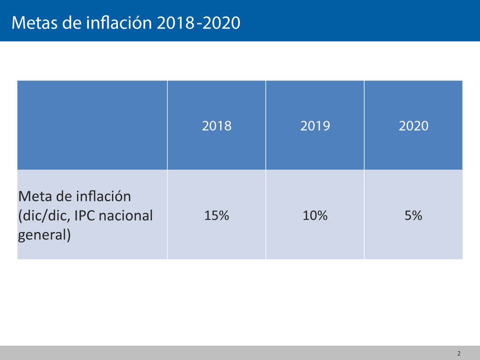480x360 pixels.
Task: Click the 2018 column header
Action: click(217, 126)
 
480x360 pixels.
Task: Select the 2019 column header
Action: click(315, 126)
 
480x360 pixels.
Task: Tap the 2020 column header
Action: click(413, 126)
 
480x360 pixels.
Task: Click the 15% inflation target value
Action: click(216, 215)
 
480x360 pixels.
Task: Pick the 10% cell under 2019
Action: click(315, 215)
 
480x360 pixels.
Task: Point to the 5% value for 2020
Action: click(413, 215)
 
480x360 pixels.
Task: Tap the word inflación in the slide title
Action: click(119, 23)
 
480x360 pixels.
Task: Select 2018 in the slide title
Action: click(176, 23)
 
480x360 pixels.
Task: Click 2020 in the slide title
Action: click(221, 23)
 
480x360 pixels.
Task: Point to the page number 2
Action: click(459, 353)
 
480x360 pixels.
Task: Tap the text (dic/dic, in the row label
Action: click(44, 216)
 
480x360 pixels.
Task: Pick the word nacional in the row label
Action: click(126, 216)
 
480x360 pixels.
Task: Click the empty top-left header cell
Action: click(92, 125)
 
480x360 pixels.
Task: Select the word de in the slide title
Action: click(72, 23)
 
